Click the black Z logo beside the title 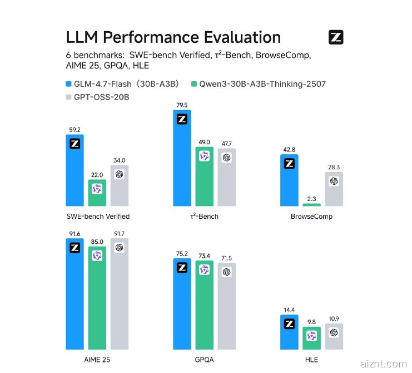point(336,38)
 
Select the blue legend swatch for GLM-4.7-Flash point(69,85)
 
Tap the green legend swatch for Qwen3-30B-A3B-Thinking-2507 point(193,85)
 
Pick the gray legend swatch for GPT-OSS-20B point(69,97)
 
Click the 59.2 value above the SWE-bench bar point(75,130)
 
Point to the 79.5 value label point(182,105)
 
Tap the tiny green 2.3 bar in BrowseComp point(311,205)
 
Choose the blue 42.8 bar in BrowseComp point(289,180)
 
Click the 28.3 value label point(334,167)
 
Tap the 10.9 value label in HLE point(334,319)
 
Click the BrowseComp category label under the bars point(311,217)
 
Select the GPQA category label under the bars point(204,360)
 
